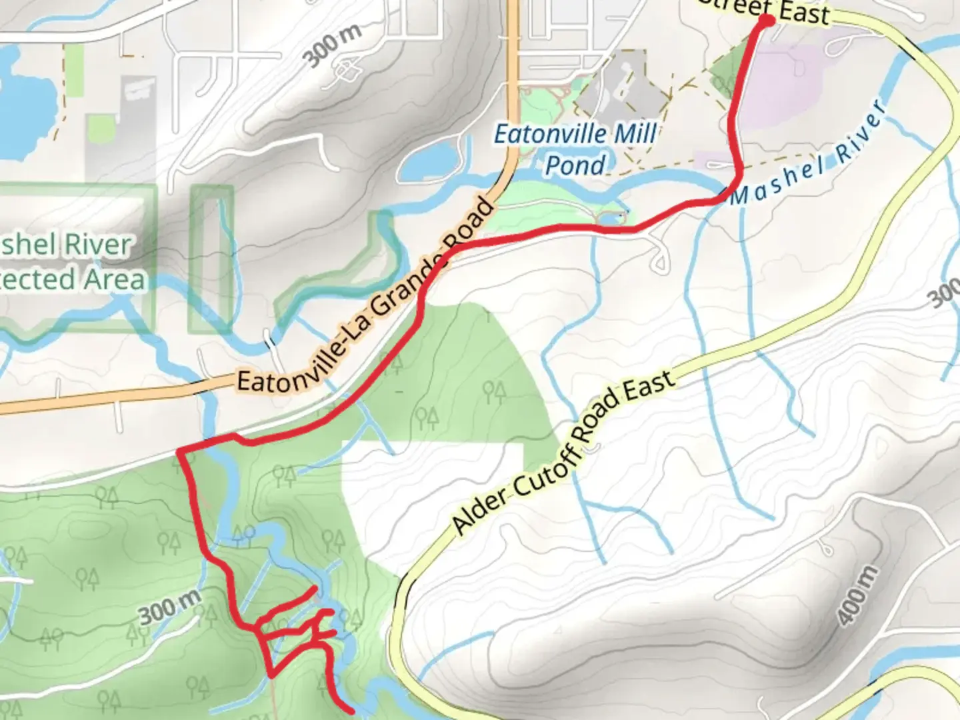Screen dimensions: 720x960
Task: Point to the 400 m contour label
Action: (857, 595)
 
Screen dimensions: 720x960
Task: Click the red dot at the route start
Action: (767, 21)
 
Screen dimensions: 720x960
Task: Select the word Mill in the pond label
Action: (635, 133)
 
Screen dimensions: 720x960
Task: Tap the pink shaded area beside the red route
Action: (773, 107)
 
